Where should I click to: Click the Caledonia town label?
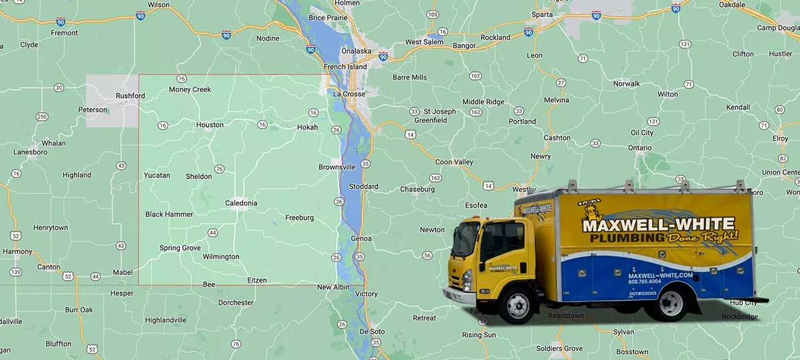coord(241,203)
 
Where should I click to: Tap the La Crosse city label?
coord(349,94)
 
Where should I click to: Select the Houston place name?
coord(210,125)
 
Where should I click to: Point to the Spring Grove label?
coord(180,248)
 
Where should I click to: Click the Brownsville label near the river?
coord(337,167)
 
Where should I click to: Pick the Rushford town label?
coord(130,96)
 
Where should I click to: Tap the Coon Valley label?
coord(454,162)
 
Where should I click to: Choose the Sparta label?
coord(542,14)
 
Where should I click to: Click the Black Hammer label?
coord(169,214)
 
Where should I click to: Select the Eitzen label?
coord(257,280)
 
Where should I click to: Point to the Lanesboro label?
coord(31,152)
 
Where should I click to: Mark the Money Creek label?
coord(190,89)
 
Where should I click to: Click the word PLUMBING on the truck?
coord(623,238)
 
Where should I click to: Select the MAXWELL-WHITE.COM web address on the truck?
coord(660,275)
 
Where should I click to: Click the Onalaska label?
coord(357,50)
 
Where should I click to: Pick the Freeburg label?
coord(300,218)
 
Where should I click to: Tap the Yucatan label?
coord(157,175)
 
